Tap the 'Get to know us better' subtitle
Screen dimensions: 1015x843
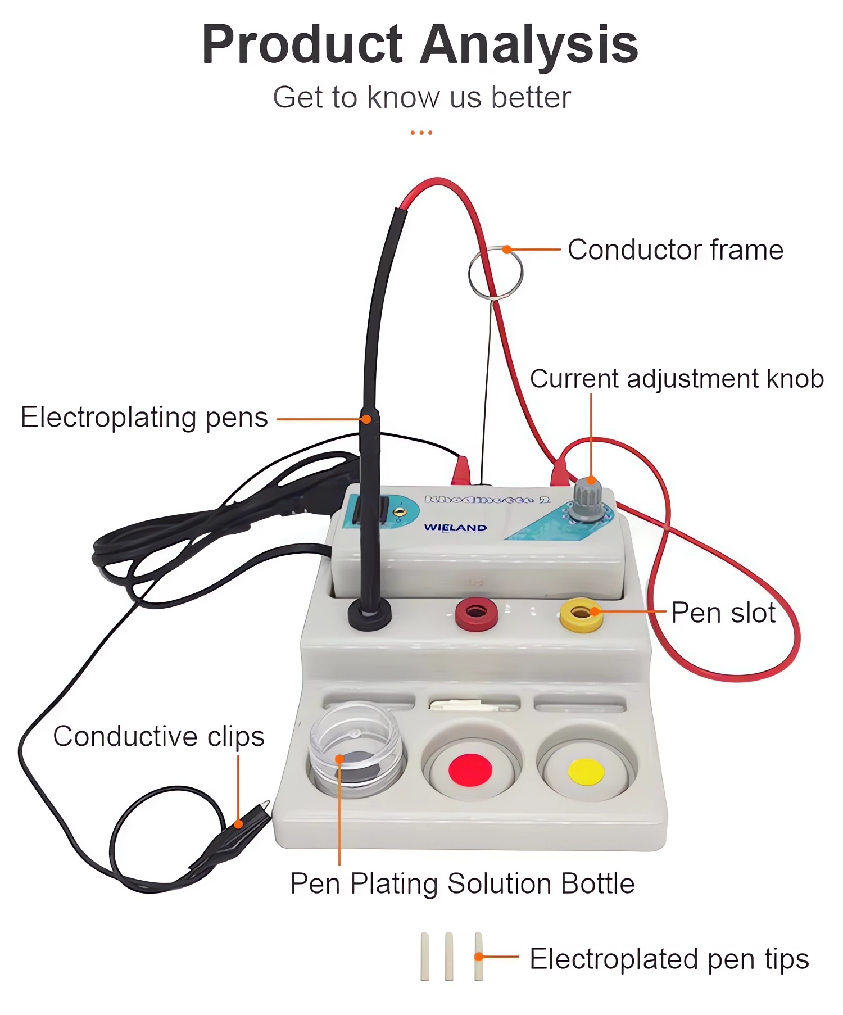point(422,97)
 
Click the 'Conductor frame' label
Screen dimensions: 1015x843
point(675,250)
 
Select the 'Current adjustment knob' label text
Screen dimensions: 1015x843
point(677,379)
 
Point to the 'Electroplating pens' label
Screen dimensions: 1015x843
point(144,418)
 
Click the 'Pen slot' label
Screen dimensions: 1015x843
point(723,613)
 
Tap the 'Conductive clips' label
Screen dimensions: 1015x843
point(158,736)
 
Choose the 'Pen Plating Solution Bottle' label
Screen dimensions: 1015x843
point(462,883)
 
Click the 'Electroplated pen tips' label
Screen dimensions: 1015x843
point(669,959)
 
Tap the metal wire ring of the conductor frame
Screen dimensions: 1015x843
point(495,273)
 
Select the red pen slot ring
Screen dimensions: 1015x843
point(476,613)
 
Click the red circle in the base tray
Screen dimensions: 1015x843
point(470,769)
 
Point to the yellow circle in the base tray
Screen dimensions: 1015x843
point(586,771)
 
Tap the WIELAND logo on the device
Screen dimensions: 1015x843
point(455,527)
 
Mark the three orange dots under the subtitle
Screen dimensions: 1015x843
point(422,133)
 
